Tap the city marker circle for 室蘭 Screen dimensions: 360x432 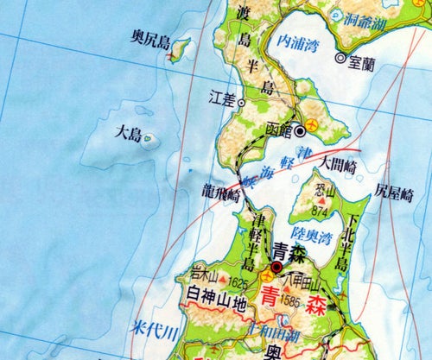pos(340,59)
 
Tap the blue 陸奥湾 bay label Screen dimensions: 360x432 pos(313,234)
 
